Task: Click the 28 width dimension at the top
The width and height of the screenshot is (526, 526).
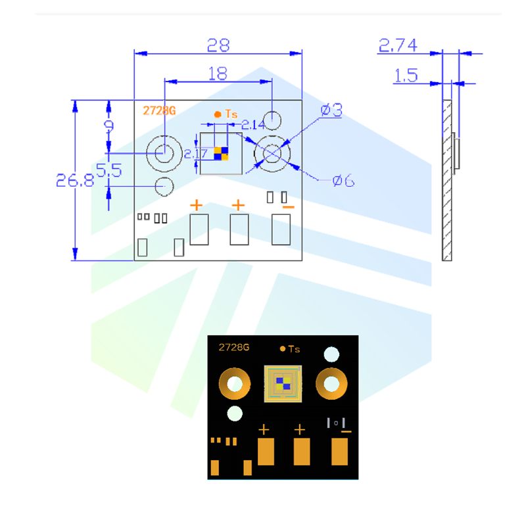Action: tap(218, 45)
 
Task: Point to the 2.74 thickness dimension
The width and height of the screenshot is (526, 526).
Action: tap(398, 45)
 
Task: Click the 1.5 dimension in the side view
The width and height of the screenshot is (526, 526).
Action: tap(405, 76)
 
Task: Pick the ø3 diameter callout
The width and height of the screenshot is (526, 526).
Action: tap(331, 110)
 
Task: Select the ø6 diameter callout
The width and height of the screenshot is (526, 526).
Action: tap(343, 179)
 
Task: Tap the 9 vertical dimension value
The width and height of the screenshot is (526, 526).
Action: tap(109, 126)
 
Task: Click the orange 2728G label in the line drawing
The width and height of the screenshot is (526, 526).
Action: tap(160, 110)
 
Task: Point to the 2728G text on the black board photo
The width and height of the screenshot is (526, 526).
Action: tap(234, 347)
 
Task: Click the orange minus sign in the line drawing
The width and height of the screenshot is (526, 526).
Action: tap(288, 207)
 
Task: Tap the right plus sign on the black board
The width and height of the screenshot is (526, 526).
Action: tap(300, 430)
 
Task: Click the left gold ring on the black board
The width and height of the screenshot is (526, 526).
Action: tap(234, 383)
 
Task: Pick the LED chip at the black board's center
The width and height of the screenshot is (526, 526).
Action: tap(283, 383)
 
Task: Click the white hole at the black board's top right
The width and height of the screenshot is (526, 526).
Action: tap(331, 355)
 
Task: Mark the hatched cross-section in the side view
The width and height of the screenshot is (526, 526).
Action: tap(447, 180)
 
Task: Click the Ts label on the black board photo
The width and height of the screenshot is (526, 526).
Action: tap(293, 349)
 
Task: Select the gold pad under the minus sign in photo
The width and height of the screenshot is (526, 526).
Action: tap(340, 452)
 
